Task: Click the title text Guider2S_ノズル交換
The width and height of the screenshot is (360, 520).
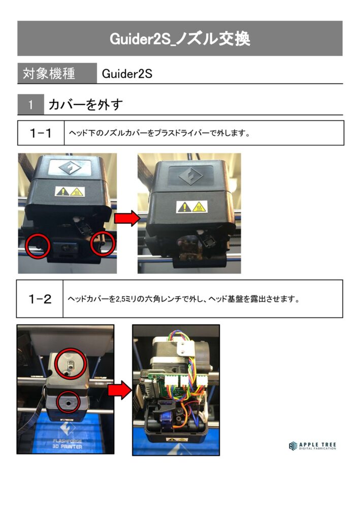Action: click(180, 39)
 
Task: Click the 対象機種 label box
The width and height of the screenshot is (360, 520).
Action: click(57, 73)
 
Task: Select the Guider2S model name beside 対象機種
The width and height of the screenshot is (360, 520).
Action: click(127, 74)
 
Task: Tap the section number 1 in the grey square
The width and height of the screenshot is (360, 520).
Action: click(30, 105)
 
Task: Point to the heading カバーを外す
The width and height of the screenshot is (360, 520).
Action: click(85, 105)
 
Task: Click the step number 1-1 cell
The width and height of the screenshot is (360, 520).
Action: click(41, 133)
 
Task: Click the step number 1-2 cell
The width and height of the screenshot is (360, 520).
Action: click(40, 299)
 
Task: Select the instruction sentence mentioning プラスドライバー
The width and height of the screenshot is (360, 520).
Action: click(159, 133)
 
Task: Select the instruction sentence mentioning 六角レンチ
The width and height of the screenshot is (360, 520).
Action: click(184, 299)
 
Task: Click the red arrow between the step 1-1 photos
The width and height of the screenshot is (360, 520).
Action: click(127, 218)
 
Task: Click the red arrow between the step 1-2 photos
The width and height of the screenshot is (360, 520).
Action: click(120, 390)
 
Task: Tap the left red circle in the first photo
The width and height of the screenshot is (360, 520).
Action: click(38, 245)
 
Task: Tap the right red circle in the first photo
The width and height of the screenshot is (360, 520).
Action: click(103, 244)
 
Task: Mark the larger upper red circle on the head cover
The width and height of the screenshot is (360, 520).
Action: click(71, 364)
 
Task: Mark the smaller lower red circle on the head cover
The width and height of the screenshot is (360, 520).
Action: click(68, 402)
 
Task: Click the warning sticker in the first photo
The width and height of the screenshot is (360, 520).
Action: click(70, 191)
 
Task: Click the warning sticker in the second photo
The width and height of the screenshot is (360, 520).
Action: click(191, 207)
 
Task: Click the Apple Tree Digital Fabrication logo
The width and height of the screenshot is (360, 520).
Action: click(312, 446)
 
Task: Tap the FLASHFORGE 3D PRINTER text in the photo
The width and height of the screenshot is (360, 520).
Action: click(67, 444)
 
